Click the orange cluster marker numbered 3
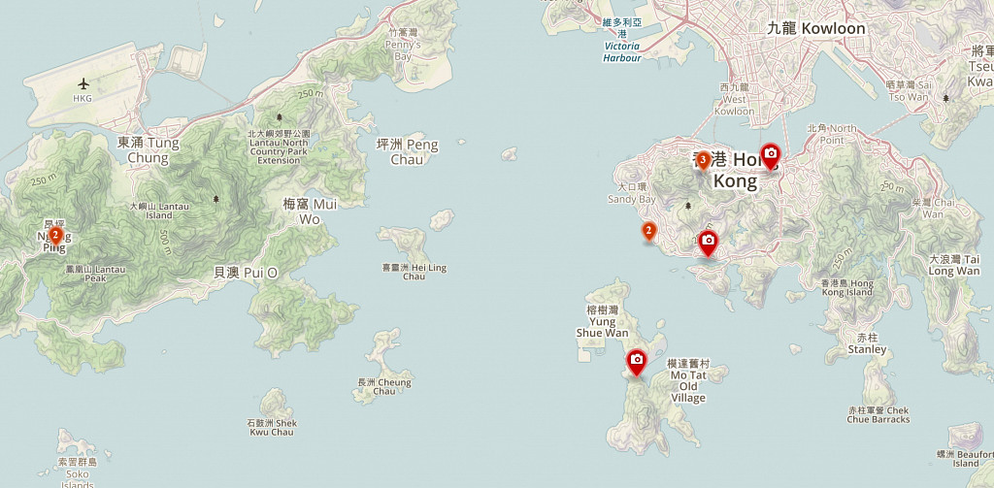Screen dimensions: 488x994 (702, 159)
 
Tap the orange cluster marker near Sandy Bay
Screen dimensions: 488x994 (648, 231)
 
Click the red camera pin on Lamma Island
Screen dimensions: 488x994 (637, 362)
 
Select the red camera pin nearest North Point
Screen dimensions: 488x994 (770, 155)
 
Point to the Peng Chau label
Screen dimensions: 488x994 (407, 151)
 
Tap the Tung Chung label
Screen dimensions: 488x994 (148, 149)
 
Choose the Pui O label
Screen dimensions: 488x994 (245, 273)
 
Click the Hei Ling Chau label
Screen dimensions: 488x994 (414, 272)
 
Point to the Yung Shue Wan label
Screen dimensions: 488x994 (602, 321)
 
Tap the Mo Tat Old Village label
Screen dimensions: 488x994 (687, 380)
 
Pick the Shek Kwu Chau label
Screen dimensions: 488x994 (271, 427)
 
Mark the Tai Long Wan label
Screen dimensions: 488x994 (953, 265)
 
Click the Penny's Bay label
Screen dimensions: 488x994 (403, 45)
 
